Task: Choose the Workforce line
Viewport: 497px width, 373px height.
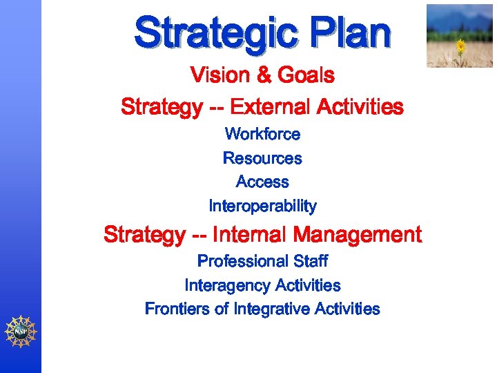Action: [x=262, y=134]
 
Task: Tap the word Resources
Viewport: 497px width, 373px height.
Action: [x=262, y=158]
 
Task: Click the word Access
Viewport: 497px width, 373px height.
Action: [x=262, y=182]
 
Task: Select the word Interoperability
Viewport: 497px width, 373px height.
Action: [x=262, y=206]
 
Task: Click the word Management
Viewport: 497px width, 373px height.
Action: [x=357, y=235]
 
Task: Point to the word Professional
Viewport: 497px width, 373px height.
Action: [x=242, y=261]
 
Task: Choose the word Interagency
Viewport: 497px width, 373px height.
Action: [x=227, y=285]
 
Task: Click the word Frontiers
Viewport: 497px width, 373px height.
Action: [x=178, y=309]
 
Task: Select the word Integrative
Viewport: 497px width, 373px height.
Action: [x=271, y=309]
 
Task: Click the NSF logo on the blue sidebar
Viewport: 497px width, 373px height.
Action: [x=20, y=332]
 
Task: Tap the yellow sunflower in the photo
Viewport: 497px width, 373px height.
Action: [x=460, y=46]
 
